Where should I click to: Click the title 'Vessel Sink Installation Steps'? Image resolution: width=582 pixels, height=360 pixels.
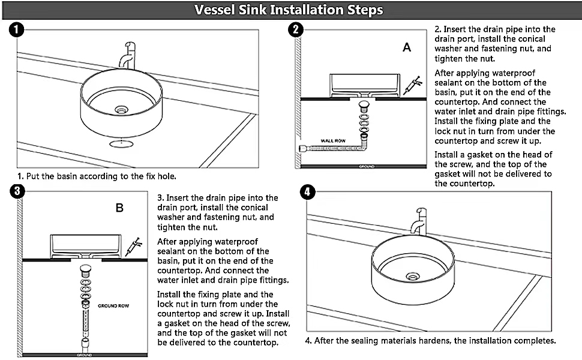289,10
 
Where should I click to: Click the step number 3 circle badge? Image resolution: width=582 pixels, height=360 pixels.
18,191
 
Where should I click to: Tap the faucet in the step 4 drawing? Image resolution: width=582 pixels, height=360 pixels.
418,221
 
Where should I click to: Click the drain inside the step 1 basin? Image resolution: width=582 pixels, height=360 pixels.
122,110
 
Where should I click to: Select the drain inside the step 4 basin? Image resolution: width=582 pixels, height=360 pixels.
412,276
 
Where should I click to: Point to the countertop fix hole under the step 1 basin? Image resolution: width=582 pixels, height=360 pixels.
122,144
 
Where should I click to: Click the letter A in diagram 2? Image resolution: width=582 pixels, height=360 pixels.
407,48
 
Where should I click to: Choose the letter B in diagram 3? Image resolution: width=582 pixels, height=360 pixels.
119,208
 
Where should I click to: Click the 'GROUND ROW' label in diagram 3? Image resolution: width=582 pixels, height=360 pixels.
113,305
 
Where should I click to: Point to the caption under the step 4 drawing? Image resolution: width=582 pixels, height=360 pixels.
430,340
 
